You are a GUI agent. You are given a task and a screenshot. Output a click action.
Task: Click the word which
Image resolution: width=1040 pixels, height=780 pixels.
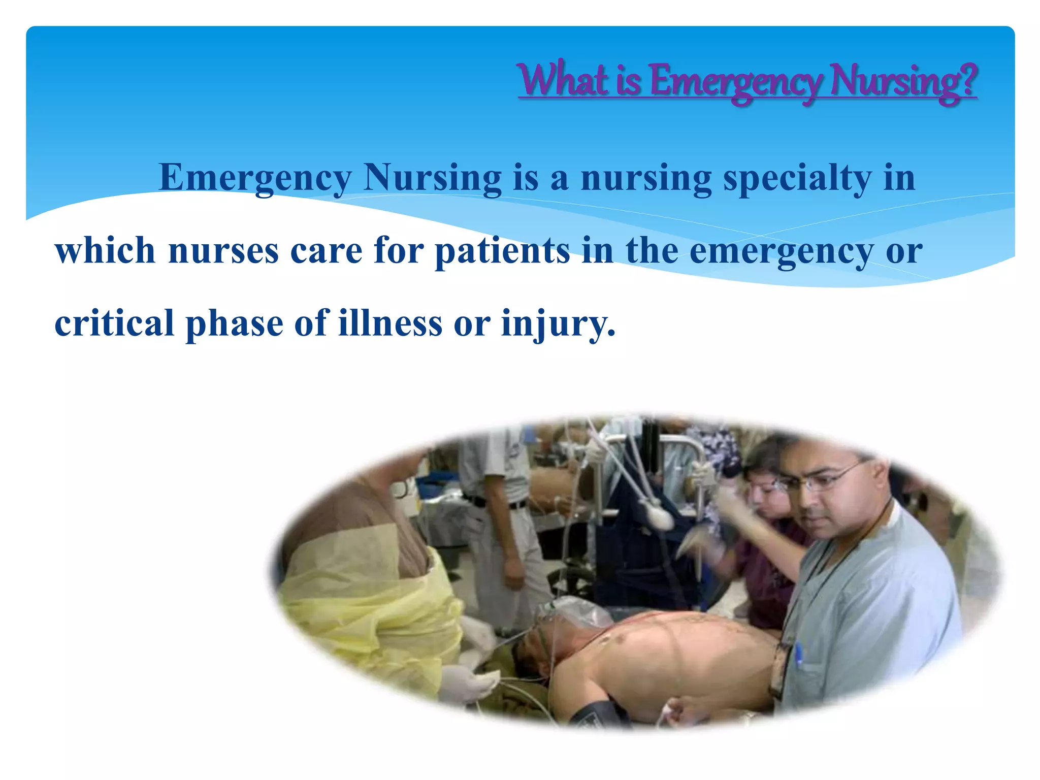click(105, 251)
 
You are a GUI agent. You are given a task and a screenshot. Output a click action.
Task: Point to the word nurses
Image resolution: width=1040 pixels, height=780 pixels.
click(223, 252)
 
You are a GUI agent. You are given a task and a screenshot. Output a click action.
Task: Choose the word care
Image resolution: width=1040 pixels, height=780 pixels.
click(326, 252)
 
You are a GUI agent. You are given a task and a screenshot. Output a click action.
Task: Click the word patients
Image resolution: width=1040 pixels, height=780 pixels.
click(502, 252)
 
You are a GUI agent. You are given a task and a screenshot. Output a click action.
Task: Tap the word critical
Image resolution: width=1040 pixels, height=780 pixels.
click(114, 324)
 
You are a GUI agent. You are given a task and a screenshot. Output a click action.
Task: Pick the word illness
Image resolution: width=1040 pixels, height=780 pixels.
click(390, 324)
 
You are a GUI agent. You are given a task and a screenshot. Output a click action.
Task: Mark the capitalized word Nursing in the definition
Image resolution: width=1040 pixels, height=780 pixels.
click(432, 179)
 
